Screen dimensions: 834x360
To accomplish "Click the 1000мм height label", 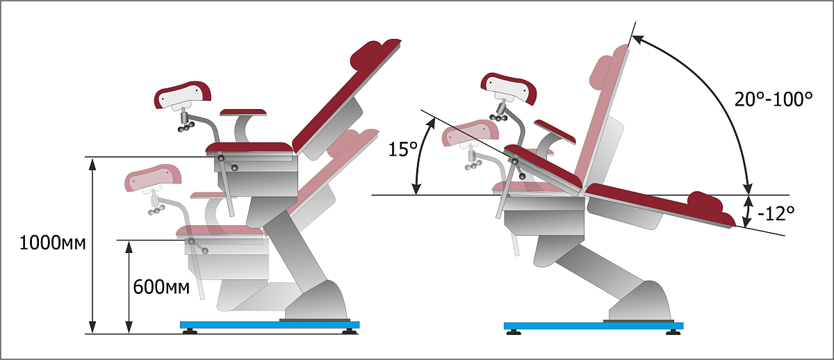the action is tap(53, 243).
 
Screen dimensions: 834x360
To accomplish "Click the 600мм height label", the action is tap(161, 287).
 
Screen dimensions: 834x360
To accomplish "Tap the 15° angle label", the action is tap(403, 149).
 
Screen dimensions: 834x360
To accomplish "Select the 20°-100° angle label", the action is tap(774, 99).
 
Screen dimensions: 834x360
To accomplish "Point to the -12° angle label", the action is tap(776, 213).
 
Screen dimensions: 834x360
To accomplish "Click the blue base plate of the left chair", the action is tap(270, 325).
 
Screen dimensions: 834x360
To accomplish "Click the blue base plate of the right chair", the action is tap(594, 326).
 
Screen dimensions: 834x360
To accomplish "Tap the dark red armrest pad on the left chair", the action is tap(243, 112).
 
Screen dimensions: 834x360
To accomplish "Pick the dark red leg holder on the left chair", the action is tap(182, 95).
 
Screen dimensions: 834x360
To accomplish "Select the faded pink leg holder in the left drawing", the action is tap(153, 178).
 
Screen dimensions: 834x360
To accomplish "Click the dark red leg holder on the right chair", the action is tap(509, 88).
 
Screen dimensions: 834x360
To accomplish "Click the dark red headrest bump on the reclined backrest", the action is tap(705, 202).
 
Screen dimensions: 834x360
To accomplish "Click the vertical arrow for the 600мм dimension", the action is tap(129, 286).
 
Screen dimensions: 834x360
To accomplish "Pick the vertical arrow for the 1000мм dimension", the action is tap(92, 245).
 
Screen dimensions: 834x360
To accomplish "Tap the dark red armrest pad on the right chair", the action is tap(555, 131).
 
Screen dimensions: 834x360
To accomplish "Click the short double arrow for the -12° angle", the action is tap(746, 211).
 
